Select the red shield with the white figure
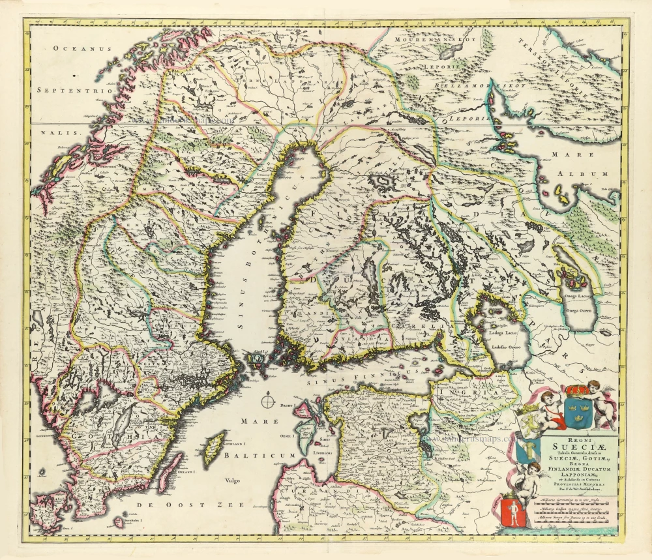pyautogui.click(x=511, y=510)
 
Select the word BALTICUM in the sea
pyautogui.click(x=260, y=454)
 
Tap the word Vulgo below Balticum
pyautogui.click(x=231, y=480)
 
